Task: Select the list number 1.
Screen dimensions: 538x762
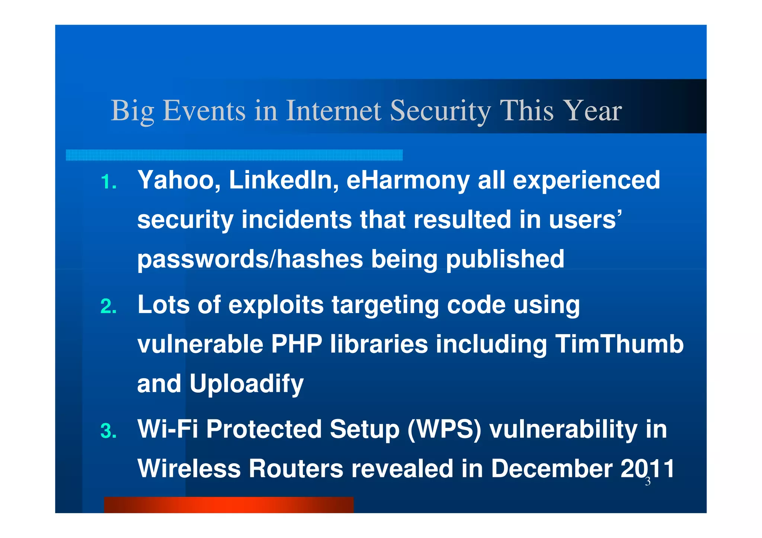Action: pyautogui.click(x=108, y=182)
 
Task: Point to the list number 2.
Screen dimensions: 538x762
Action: pyautogui.click(x=108, y=307)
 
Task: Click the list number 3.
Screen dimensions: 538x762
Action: pyautogui.click(x=108, y=431)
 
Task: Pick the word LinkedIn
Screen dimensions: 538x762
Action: pyautogui.click(x=284, y=180)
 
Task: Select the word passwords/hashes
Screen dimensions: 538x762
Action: pyautogui.click(x=250, y=259)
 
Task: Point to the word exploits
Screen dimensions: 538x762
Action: pyautogui.click(x=276, y=305)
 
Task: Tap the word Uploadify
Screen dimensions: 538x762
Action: pyautogui.click(x=246, y=384)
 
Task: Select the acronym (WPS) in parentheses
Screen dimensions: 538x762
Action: pyautogui.click(x=444, y=429)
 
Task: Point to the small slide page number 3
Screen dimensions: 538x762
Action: pyautogui.click(x=647, y=482)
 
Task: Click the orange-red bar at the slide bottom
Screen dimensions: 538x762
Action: pyautogui.click(x=228, y=505)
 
